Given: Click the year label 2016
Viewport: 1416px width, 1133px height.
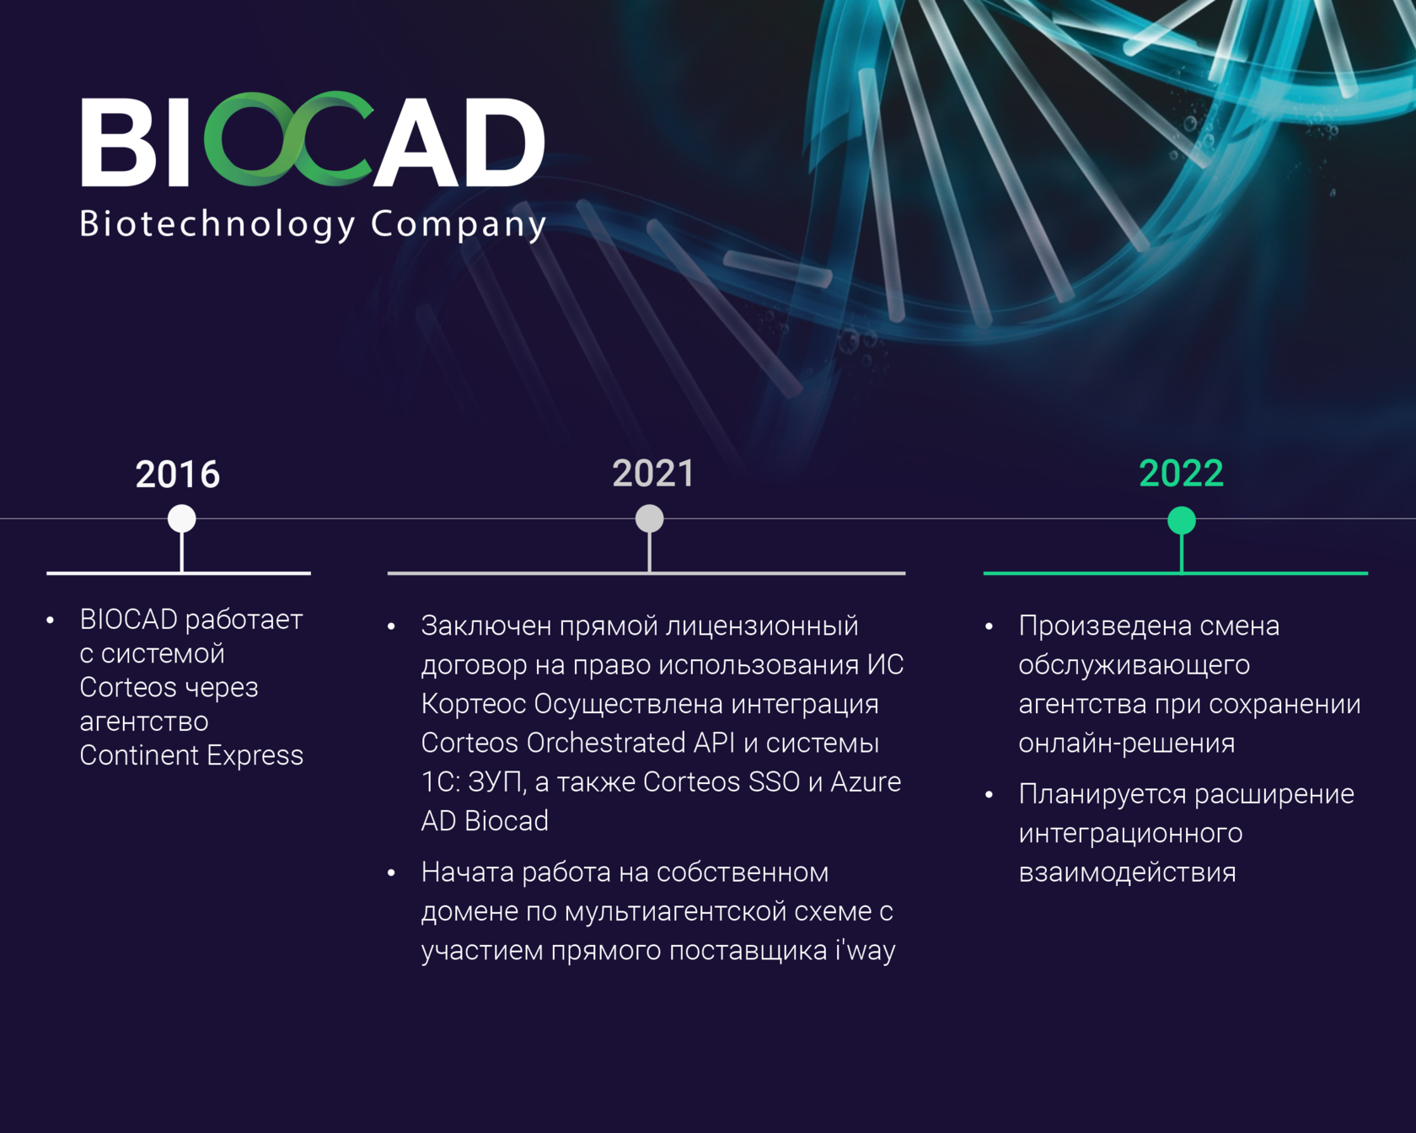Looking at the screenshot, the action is (178, 475).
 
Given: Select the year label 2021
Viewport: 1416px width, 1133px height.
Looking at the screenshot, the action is (653, 474).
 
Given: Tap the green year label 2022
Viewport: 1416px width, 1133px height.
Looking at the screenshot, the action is (1181, 474).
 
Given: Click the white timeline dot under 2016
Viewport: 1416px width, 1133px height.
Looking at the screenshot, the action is (182, 518).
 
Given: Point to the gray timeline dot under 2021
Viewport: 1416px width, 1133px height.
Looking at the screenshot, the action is (649, 518).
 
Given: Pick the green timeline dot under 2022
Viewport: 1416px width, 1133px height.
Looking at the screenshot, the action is (1182, 520).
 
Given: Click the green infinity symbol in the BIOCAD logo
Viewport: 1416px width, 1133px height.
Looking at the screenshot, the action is (288, 139).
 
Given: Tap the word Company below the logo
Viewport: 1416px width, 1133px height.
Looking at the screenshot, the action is (459, 224).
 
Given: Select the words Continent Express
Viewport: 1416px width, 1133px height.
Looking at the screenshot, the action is (191, 755).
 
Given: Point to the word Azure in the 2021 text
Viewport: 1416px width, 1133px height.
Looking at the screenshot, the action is (866, 781).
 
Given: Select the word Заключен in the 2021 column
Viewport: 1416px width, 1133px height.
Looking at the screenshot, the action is (486, 626).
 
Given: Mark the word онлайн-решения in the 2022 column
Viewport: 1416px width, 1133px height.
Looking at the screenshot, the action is (1127, 744).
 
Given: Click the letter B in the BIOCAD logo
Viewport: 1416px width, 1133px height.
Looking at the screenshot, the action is (119, 142).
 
